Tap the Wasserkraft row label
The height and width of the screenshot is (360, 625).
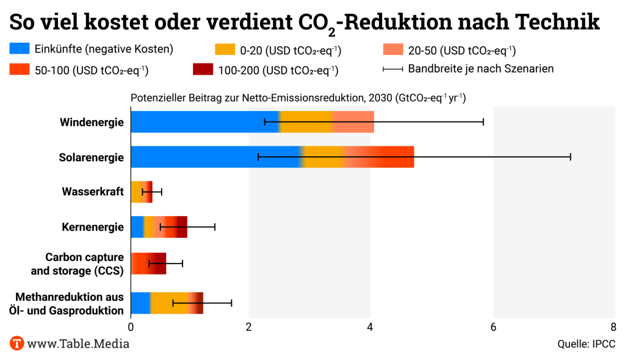point(93,192)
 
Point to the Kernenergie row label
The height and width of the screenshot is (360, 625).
point(93,228)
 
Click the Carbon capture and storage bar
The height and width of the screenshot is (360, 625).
point(148,263)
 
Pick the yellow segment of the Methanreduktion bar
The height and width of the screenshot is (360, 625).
point(169,303)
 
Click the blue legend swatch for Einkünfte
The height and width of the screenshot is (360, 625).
point(19,49)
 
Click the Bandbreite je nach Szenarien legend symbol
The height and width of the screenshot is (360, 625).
point(392,69)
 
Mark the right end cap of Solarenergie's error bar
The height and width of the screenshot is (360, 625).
point(571,157)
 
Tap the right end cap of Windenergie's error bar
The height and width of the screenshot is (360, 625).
point(483,122)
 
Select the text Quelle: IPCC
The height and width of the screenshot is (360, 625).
point(585,344)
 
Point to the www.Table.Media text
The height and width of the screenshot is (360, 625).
point(78,344)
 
